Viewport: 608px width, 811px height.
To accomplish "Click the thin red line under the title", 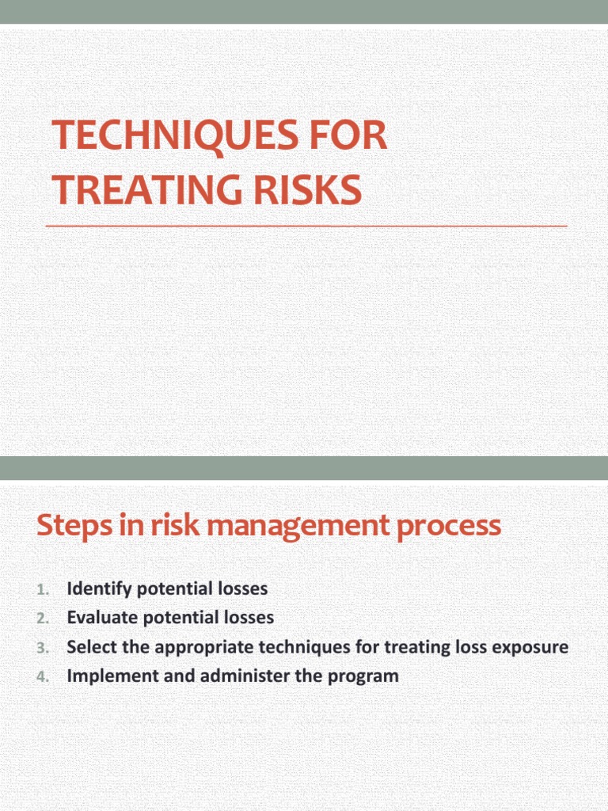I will click(x=306, y=227).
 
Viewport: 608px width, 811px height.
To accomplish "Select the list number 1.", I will click(x=43, y=589).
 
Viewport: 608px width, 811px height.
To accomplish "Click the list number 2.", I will click(x=43, y=618).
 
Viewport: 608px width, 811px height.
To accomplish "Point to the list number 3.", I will click(x=43, y=647).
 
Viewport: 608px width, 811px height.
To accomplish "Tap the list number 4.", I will click(x=43, y=676).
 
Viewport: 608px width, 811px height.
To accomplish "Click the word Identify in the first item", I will click(x=96, y=589).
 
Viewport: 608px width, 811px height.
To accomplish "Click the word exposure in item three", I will click(x=536, y=647).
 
